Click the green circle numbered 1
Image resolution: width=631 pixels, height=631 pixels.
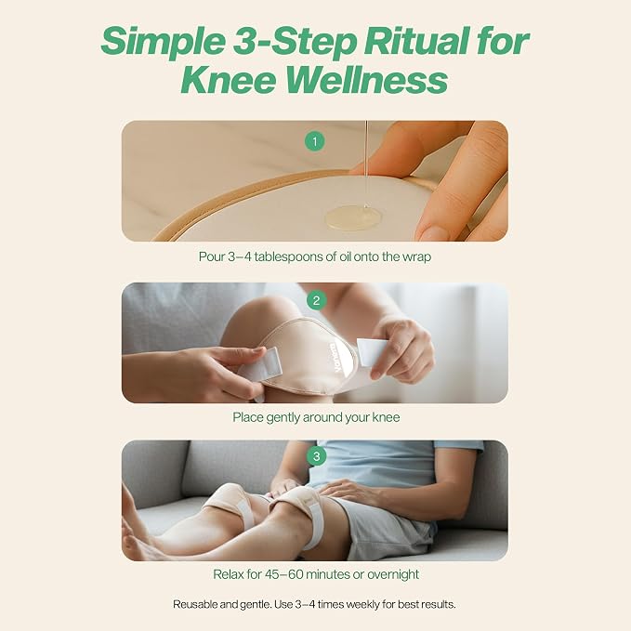pyautogui.click(x=315, y=141)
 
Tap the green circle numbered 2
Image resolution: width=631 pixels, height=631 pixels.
pyautogui.click(x=316, y=300)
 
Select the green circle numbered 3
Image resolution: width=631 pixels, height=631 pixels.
pyautogui.click(x=316, y=456)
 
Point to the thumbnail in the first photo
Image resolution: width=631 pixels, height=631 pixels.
pyautogui.click(x=433, y=231)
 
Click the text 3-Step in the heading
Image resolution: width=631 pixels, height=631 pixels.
pyautogui.click(x=295, y=42)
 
